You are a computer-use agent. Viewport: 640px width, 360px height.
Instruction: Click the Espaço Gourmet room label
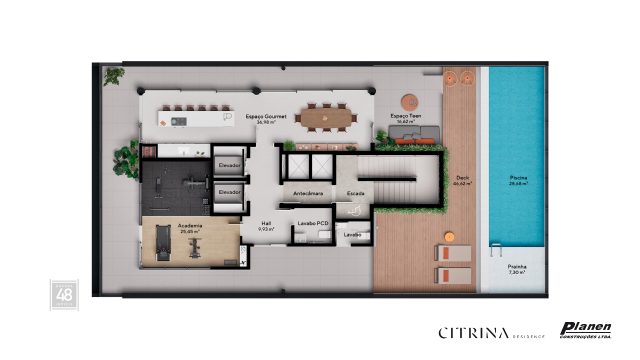tap(266, 116)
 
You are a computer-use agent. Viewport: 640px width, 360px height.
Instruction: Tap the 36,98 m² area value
tap(266, 122)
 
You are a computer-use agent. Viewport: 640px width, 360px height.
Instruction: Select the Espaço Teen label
tap(405, 116)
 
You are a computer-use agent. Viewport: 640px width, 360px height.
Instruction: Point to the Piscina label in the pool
tap(518, 177)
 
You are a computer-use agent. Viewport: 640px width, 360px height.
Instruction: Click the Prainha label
tap(517, 266)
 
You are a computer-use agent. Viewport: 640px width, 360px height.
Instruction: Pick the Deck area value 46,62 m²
tap(462, 183)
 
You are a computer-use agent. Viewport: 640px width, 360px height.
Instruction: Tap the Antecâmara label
tap(308, 193)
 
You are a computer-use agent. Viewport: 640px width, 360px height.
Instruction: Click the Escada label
tap(355, 193)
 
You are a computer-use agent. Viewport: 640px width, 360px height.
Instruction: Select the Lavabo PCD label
tap(313, 223)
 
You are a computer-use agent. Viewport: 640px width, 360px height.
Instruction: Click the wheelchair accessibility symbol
tap(355, 211)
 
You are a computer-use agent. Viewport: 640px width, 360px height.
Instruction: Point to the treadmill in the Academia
tap(163, 242)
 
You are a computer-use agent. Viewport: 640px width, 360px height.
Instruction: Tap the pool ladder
tap(496, 250)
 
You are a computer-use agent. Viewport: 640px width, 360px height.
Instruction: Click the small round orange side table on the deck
tap(449, 237)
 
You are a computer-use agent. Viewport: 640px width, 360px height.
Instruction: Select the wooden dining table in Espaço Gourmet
tap(326, 118)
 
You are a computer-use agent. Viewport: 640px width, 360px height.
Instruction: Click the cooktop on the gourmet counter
tap(179, 121)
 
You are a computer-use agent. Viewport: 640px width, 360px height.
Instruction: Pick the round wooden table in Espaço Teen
tap(409, 102)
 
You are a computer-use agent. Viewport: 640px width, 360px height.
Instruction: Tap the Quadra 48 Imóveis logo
tap(64, 295)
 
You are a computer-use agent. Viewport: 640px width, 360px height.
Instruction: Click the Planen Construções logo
tap(585, 330)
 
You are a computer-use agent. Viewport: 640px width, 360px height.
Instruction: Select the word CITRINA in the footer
tap(473, 333)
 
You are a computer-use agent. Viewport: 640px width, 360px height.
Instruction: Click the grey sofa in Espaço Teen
tap(414, 135)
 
